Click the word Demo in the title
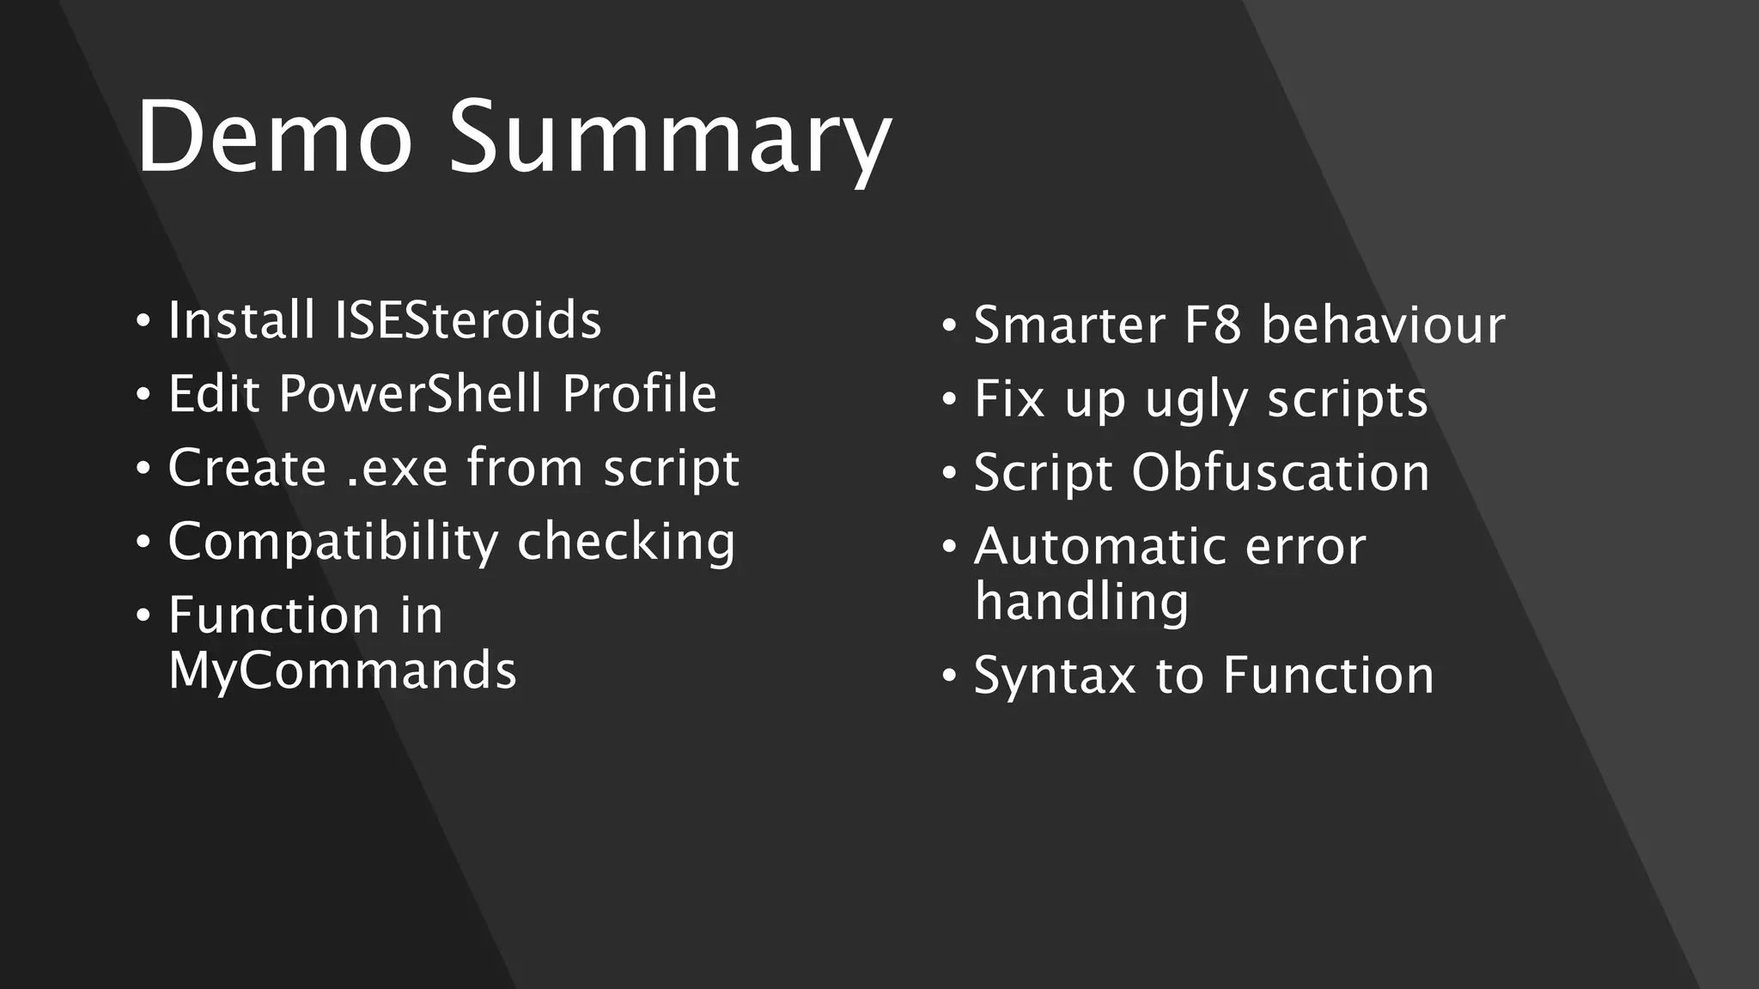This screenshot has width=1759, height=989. click(x=274, y=137)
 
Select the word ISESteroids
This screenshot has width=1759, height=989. click(x=468, y=320)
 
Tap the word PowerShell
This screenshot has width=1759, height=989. click(x=411, y=394)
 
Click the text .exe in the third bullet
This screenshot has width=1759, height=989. click(x=397, y=469)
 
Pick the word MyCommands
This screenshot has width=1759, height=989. click(x=342, y=670)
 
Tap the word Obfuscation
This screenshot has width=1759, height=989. click(x=1281, y=473)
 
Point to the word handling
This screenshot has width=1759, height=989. click(x=1082, y=601)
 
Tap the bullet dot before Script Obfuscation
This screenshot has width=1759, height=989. click(x=949, y=474)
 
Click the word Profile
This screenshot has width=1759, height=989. click(x=639, y=394)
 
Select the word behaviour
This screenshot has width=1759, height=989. click(x=1383, y=325)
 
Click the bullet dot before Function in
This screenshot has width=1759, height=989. click(x=143, y=616)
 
